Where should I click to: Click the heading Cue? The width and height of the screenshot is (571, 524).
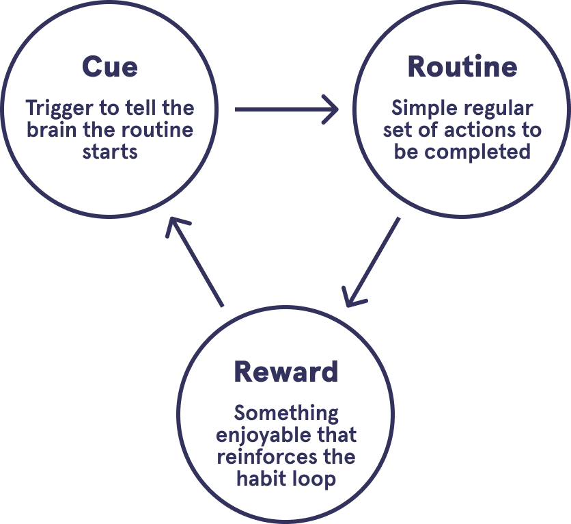109,68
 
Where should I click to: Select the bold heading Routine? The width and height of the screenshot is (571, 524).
462,68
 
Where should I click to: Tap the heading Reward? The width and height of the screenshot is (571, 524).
285,372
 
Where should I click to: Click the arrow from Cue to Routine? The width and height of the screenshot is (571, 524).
287,109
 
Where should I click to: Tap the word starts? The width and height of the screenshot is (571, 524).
110,151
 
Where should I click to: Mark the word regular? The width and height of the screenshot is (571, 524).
501,108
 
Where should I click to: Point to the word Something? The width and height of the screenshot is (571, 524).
286,413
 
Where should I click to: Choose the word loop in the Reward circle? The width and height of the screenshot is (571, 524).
315,478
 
